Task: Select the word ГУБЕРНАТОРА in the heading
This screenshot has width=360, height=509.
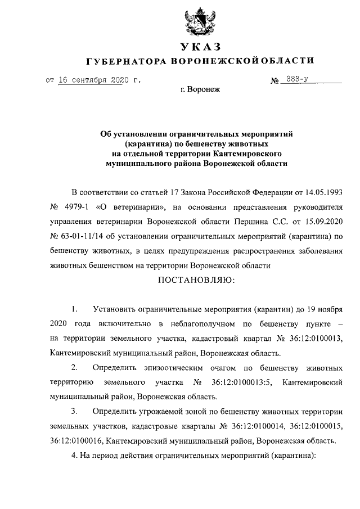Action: [x=125, y=61]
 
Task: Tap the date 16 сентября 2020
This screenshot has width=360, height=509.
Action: [x=90, y=80]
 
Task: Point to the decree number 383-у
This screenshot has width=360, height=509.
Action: [x=299, y=80]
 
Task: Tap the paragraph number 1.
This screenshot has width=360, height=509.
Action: [x=74, y=310]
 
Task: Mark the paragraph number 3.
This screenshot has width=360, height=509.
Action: [x=74, y=412]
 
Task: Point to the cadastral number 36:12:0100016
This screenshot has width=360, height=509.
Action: [x=75, y=442]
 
